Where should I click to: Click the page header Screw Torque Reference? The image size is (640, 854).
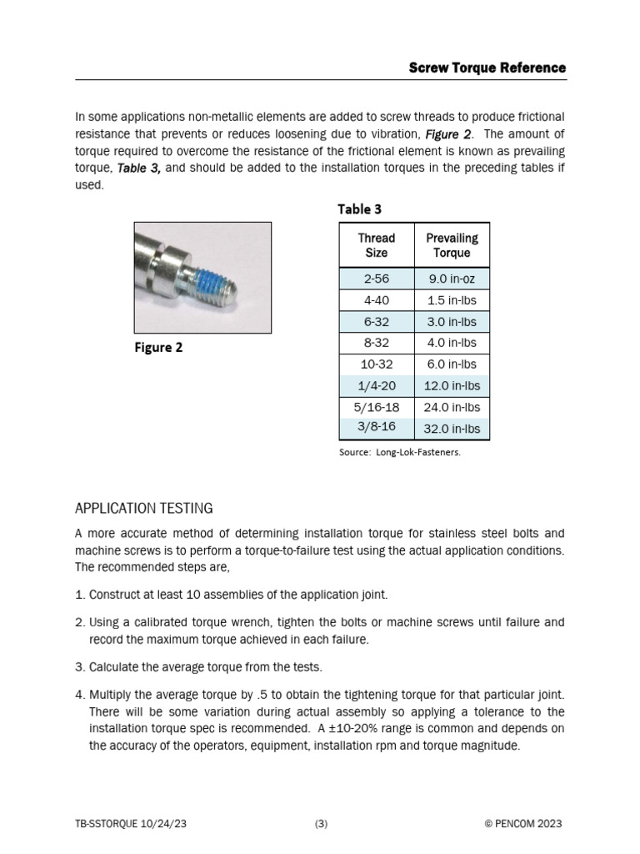tap(487, 68)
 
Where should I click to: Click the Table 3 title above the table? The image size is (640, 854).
tap(359, 208)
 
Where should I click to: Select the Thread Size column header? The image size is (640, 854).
tap(376, 245)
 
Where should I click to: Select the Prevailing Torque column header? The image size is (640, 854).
tap(452, 245)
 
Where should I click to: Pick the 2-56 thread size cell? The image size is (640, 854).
tap(376, 279)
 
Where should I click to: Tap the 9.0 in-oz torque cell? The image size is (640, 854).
tap(452, 279)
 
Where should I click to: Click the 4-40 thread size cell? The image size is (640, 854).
tap(376, 300)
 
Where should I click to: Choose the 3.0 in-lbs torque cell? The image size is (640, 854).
tap(452, 322)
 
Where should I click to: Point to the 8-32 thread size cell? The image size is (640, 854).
tap(376, 343)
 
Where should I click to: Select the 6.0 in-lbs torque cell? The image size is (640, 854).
tap(452, 364)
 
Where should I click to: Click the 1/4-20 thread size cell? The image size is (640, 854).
tap(376, 386)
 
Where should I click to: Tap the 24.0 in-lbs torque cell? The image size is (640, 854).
tap(452, 408)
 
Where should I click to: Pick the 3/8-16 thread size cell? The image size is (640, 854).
tap(376, 428)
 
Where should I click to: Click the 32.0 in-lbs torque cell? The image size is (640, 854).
tap(452, 430)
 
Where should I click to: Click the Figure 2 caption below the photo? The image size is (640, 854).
tap(158, 348)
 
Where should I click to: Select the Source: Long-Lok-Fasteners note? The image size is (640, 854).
tap(399, 452)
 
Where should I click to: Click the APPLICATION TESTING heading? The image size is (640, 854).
tap(144, 508)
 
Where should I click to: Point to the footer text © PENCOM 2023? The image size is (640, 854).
tap(522, 824)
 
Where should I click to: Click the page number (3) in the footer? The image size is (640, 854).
tap(321, 824)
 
